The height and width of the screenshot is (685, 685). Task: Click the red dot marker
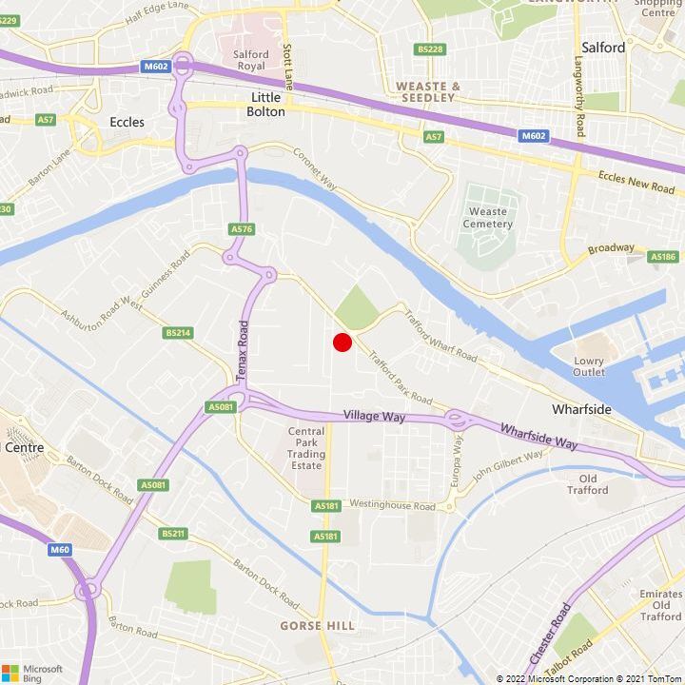coord(342,342)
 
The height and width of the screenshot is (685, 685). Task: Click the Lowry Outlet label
coord(589,366)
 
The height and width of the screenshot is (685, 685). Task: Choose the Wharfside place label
coord(581,409)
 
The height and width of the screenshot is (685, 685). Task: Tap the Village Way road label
coord(373,417)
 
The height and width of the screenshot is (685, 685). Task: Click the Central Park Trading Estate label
coord(306,446)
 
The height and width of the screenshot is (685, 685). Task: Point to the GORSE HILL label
coord(317,625)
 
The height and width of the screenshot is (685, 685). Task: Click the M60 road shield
coord(60,549)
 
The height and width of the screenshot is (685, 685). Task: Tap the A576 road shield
coord(242,229)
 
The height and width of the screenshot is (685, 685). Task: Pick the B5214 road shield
coord(178,333)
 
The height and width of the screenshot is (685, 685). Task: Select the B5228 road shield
coord(430,49)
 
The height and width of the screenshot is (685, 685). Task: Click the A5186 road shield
coord(662,257)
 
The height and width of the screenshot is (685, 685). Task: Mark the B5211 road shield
coord(173,534)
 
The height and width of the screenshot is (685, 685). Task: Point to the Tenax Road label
coord(242,351)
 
